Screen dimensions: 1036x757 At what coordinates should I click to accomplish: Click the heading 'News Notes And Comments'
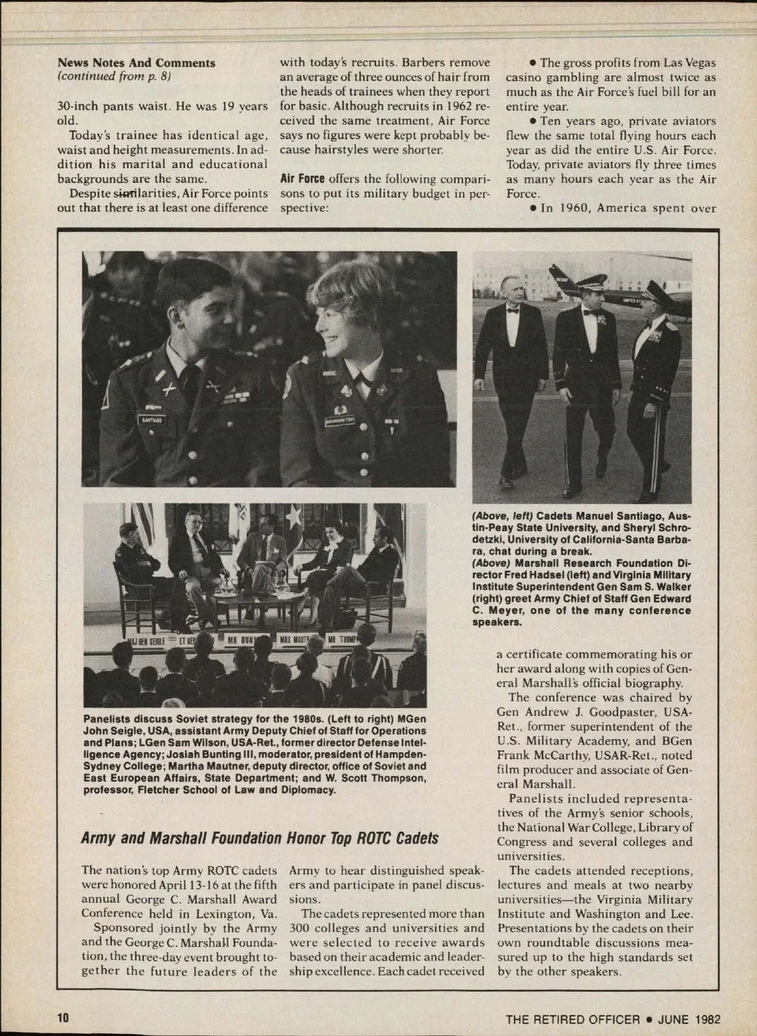coord(136,62)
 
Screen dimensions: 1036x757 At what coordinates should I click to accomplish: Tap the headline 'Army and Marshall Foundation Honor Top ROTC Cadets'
coord(259,838)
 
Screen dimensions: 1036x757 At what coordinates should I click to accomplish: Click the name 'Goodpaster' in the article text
coord(637,712)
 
